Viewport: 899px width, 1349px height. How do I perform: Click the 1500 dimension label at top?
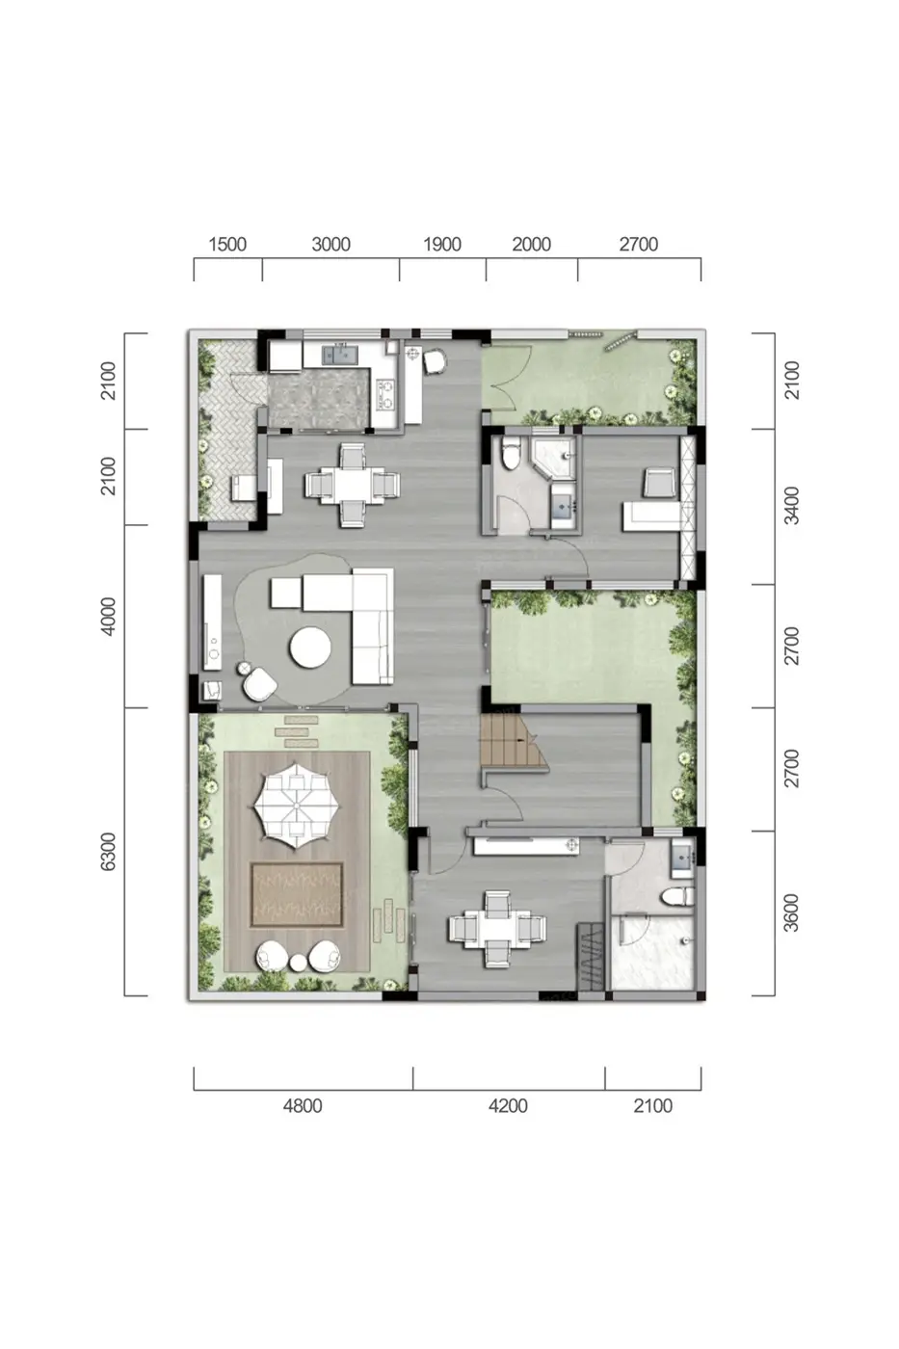coord(227,244)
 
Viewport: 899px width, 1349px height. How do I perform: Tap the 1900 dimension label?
coord(442,244)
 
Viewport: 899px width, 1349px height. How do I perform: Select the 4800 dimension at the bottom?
coord(303,1106)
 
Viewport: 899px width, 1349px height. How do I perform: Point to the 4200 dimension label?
coord(508,1106)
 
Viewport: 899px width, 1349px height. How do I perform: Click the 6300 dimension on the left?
coord(108,852)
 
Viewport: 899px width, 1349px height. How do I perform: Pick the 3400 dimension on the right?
coord(791,506)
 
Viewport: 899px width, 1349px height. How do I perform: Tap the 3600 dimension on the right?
coord(791,913)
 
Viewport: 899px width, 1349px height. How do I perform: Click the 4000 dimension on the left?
coord(108,616)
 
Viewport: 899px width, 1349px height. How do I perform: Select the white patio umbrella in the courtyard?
coord(293,806)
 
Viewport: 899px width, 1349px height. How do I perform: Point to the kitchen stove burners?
coord(386,394)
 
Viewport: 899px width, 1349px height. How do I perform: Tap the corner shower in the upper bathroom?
coord(552,458)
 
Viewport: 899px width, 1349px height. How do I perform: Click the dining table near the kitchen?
coord(353,485)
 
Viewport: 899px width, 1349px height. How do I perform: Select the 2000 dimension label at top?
coord(531,244)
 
